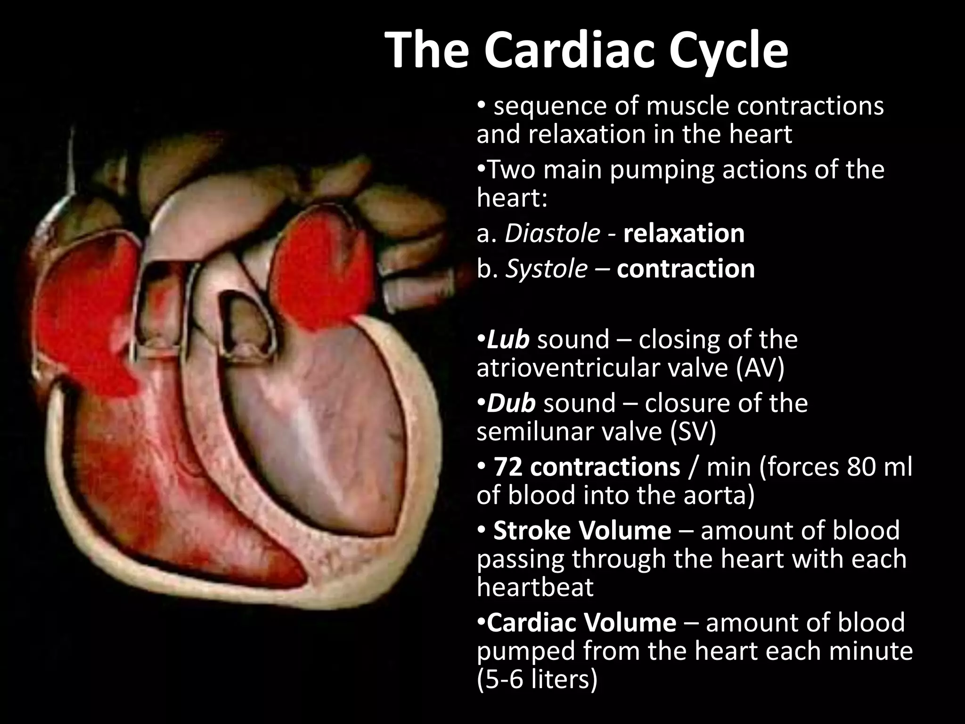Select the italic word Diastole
[552, 233]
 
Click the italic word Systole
[547, 269]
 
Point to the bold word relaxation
[684, 233]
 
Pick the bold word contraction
[686, 269]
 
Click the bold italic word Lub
[507, 339]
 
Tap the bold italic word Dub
[511, 403]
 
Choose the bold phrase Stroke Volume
[582, 530]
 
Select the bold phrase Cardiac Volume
[581, 622]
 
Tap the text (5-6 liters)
[537, 680]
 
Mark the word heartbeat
[535, 587]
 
